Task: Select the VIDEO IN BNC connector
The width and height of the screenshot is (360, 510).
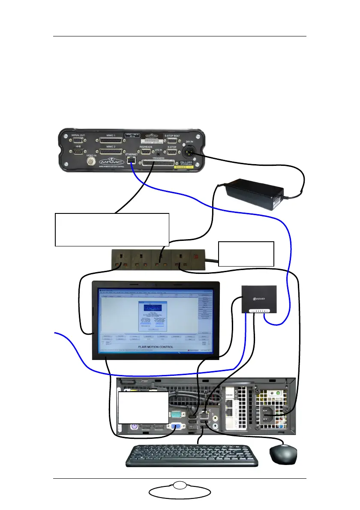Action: (91, 162)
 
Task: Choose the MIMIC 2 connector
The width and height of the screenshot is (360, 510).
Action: (112, 152)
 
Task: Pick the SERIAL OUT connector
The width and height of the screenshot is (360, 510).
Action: (78, 141)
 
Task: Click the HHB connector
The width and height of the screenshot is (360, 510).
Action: (78, 152)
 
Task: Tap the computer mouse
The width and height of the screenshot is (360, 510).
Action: (283, 454)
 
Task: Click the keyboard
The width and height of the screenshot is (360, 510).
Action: (192, 456)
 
